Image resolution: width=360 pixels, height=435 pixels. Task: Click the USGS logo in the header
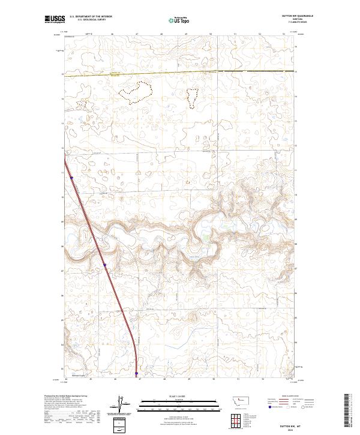click(53, 20)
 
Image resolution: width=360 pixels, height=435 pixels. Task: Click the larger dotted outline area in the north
click(136, 91)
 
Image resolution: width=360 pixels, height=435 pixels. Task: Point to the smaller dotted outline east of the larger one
click(193, 97)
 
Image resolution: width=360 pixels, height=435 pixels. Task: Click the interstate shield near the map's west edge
click(71, 177)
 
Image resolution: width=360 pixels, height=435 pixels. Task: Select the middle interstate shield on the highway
click(104, 264)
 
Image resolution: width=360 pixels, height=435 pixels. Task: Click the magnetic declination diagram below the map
click(127, 404)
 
